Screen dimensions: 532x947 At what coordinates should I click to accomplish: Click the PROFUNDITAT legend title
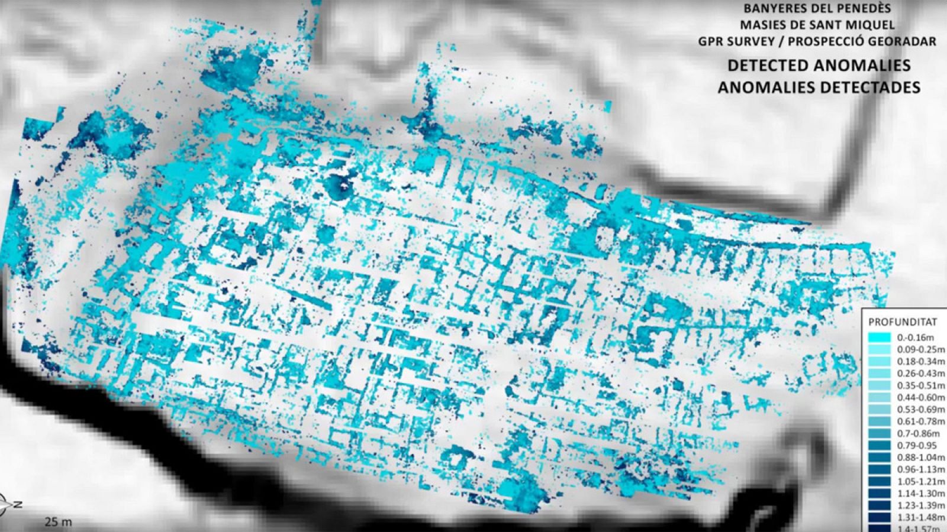point(903,322)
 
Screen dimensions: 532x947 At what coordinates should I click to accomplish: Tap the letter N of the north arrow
point(18,504)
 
